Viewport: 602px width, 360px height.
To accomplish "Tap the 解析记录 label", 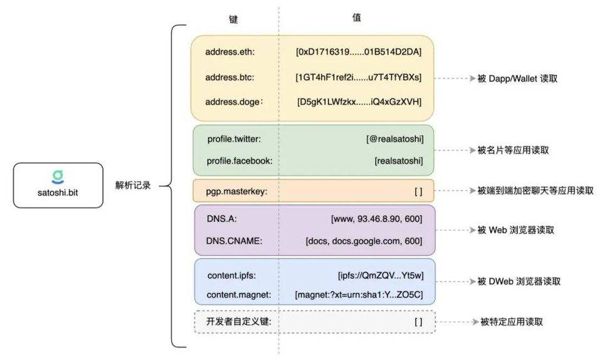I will pyautogui.click(x=133, y=186).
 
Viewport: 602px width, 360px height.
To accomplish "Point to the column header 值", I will pyautogui.click(x=356, y=18).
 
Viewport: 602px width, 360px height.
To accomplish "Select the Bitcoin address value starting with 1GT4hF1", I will pyautogui.click(x=359, y=77).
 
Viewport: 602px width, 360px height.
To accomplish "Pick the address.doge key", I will pyautogui.click(x=233, y=102).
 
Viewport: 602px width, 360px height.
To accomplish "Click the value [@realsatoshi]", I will pyautogui.click(x=394, y=139).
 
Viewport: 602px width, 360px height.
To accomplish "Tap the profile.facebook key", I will pyautogui.click(x=240, y=161).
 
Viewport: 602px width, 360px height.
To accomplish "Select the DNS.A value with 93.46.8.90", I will pyautogui.click(x=376, y=219).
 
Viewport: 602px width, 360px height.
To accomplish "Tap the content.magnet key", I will pyautogui.click(x=238, y=294).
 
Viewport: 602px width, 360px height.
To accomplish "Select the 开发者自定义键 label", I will pyautogui.click(x=239, y=322).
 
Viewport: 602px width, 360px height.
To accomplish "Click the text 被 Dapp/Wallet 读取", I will pyautogui.click(x=517, y=79).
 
